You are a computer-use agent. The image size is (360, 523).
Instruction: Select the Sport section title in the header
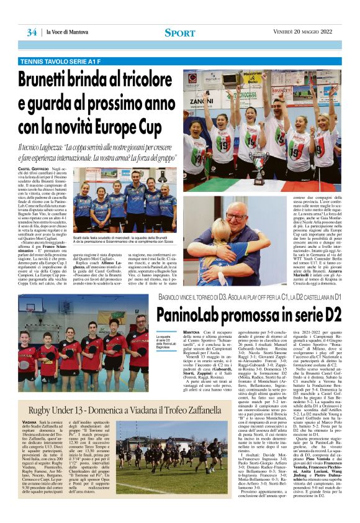point(180,32)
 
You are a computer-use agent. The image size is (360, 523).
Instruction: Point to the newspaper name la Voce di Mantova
point(65,32)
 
